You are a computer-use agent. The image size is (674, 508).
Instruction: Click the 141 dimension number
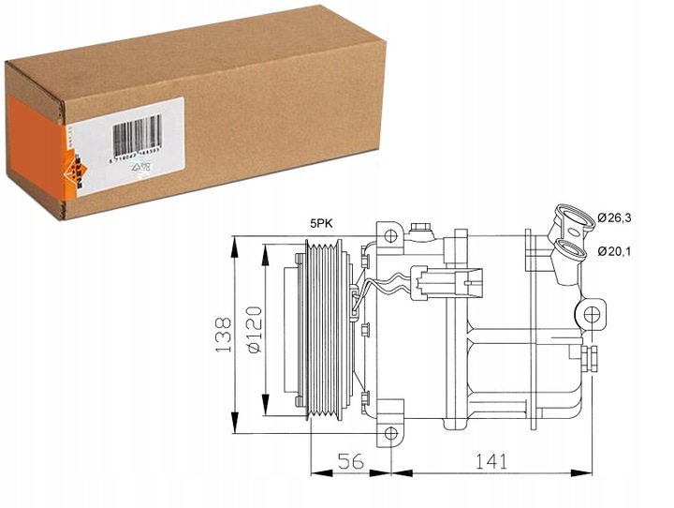coord(491,463)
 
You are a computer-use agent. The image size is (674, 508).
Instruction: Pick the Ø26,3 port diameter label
coord(617,218)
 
